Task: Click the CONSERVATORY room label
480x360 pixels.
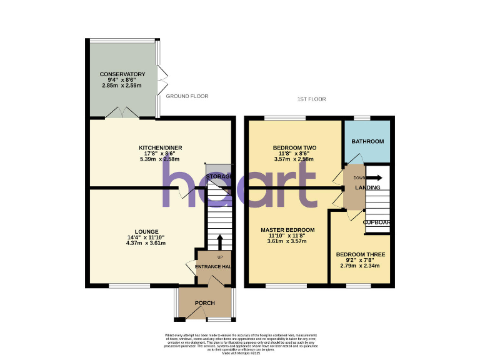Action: pyautogui.click(x=122, y=74)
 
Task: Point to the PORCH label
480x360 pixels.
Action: pyautogui.click(x=205, y=303)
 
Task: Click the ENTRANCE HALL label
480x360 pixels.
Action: pyautogui.click(x=214, y=267)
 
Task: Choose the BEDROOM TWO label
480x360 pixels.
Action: pyautogui.click(x=294, y=148)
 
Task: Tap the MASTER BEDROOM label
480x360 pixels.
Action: pyautogui.click(x=287, y=230)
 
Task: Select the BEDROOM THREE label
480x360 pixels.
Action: pyautogui.click(x=360, y=254)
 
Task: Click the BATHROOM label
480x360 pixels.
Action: pyautogui.click(x=367, y=142)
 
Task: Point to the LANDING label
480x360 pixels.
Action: pyautogui.click(x=368, y=187)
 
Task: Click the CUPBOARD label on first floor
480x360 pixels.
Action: pyautogui.click(x=377, y=222)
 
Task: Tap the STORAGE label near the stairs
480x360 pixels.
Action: pyautogui.click(x=219, y=177)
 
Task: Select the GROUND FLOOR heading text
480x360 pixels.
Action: pyautogui.click(x=187, y=96)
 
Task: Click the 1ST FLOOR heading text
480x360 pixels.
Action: pyautogui.click(x=312, y=99)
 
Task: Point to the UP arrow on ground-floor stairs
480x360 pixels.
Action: pyautogui.click(x=219, y=242)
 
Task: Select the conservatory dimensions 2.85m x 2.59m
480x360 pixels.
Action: pyautogui.click(x=122, y=86)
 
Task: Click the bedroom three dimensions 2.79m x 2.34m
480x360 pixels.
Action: pyautogui.click(x=360, y=266)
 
